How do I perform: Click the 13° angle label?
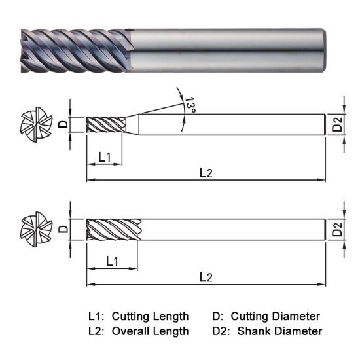click(190, 105)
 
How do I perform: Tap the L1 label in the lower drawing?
click(112, 261)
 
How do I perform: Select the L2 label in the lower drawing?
click(206, 277)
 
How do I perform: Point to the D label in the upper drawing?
click(63, 124)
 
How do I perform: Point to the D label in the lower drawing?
click(63, 229)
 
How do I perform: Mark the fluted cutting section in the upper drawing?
click(106, 124)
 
